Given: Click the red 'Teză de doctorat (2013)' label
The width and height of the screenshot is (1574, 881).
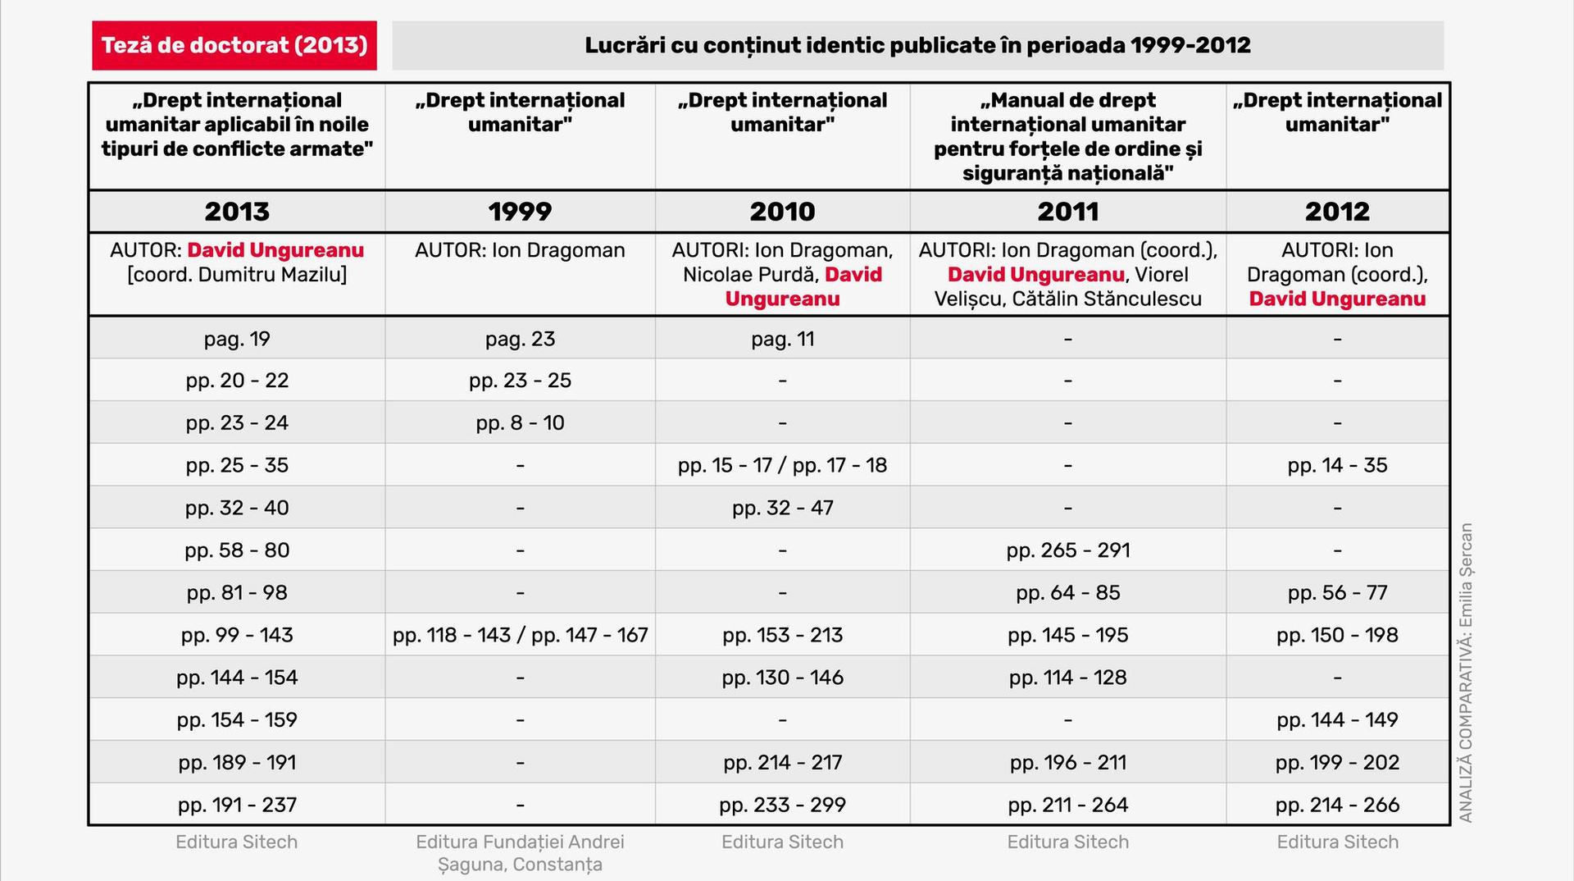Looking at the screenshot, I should pos(234,45).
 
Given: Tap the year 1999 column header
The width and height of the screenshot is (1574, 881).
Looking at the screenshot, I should pos(520,212).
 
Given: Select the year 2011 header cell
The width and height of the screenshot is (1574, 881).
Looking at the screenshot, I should pos(1067,212).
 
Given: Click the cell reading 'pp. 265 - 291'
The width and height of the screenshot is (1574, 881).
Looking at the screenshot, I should pos(1067,550).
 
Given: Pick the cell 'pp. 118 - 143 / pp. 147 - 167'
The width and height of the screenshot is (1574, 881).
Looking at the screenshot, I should pos(520,635).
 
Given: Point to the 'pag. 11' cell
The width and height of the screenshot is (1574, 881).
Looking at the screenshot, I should pos(782,339).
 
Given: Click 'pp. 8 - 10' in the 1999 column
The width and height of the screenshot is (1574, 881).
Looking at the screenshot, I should pos(520,423).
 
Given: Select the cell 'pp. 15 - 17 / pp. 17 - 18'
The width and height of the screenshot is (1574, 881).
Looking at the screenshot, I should pos(782,465).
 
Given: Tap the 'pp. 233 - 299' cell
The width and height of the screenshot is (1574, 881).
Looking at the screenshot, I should pos(782,805).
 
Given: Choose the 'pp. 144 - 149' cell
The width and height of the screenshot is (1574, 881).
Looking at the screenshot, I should pos(1337,720).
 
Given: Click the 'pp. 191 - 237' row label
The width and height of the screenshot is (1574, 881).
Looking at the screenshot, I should pos(237,805).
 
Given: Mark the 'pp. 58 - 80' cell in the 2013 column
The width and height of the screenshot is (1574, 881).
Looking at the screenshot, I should pos(237,550).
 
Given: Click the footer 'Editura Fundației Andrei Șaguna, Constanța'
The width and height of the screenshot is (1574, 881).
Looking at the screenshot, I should pos(520,853).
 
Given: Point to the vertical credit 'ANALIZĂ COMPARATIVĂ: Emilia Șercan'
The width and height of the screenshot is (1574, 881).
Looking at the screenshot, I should pos(1466,673).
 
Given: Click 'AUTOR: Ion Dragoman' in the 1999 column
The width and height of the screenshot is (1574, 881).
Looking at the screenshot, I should pos(520,250).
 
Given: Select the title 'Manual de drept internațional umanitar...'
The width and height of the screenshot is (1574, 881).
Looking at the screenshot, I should pos(1067,136).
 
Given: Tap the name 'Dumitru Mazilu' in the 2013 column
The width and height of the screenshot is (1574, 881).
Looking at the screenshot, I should pos(272,275).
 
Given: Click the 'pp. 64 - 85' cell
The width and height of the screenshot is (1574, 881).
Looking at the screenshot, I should pos(1067,593).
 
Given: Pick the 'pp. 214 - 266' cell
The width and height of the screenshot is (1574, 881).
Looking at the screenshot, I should pos(1337,805).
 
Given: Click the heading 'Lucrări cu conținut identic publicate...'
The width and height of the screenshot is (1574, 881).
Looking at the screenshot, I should pos(917,45).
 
